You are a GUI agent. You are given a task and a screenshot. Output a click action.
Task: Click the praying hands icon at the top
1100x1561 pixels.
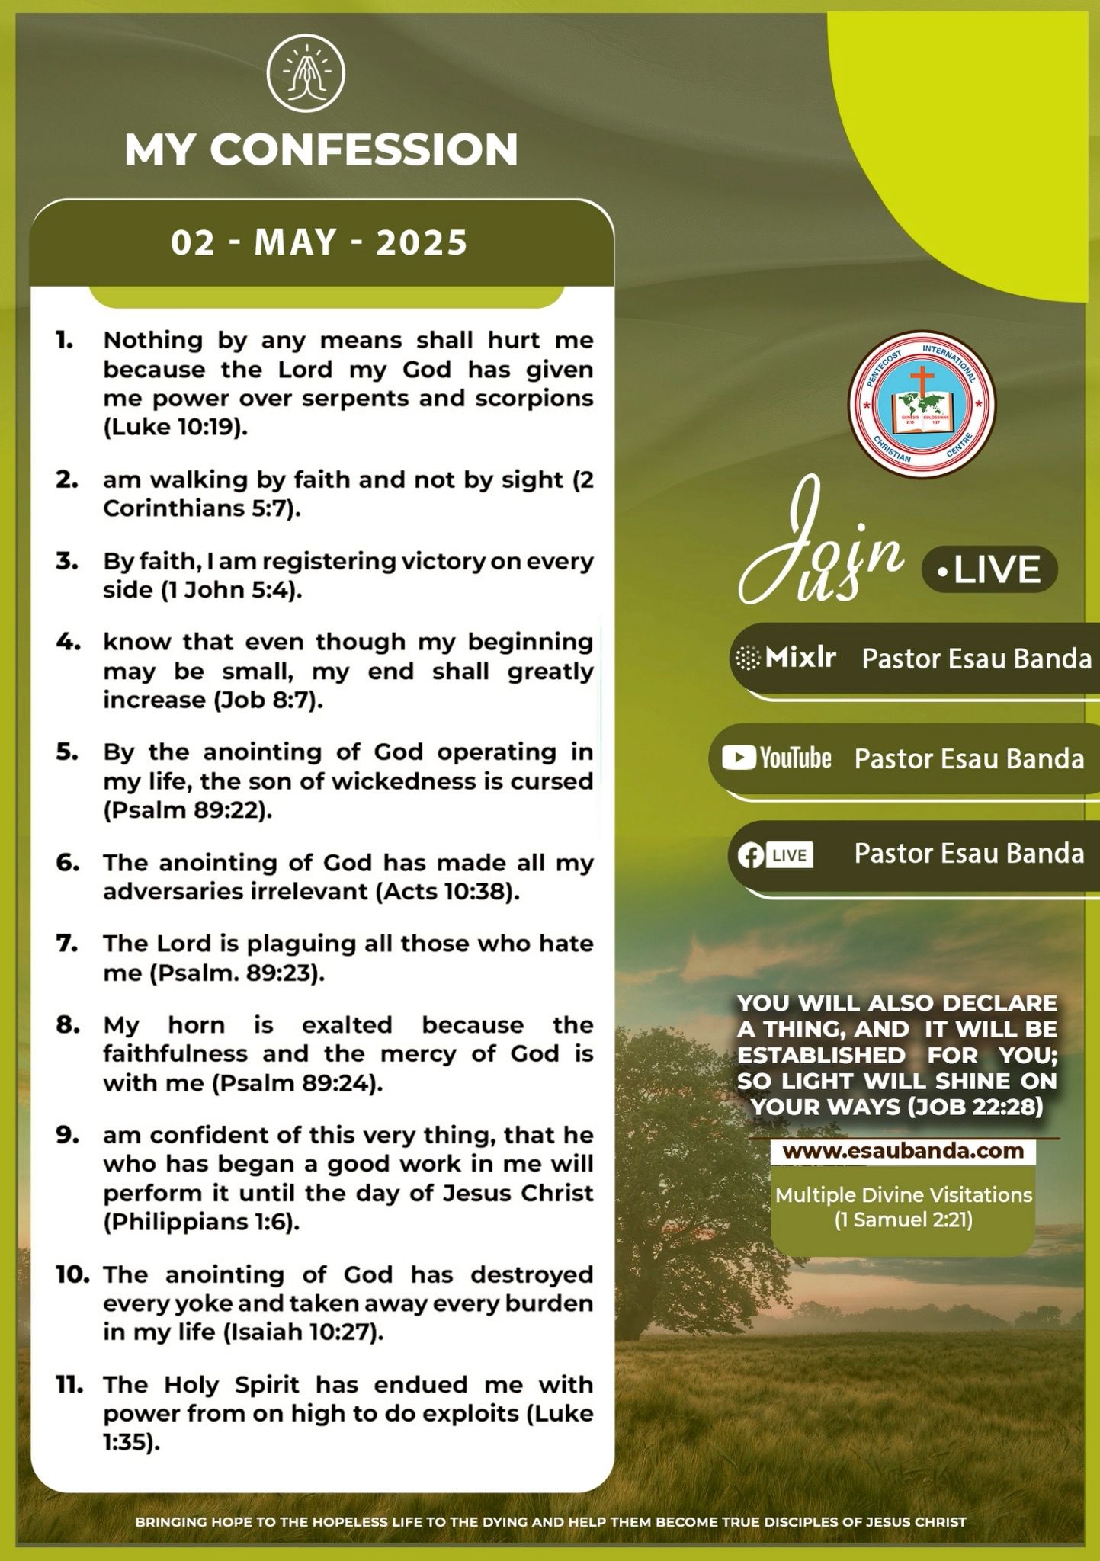point(306,74)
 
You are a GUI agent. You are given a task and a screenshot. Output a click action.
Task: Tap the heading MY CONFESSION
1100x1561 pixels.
point(321,149)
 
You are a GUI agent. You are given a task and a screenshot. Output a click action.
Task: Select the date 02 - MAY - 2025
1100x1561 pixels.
point(319,243)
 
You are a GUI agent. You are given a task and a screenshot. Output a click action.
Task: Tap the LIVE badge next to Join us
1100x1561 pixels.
point(989,570)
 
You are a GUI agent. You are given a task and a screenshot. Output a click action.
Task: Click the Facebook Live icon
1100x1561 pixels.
point(774,855)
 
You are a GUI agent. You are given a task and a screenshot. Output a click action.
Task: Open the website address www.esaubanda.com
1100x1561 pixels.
point(903,1150)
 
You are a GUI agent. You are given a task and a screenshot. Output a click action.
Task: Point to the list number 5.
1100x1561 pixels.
point(68,752)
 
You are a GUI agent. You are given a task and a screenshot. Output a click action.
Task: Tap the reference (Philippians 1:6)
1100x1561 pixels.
point(201,1222)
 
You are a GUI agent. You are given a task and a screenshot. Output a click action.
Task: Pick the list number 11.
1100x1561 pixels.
point(69,1385)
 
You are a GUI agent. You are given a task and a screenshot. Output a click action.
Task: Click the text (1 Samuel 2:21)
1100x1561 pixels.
point(903,1220)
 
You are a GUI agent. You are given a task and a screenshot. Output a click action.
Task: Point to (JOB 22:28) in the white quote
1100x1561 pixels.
point(975,1106)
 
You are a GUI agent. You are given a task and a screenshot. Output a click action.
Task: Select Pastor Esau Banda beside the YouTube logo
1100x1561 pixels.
point(969,758)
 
